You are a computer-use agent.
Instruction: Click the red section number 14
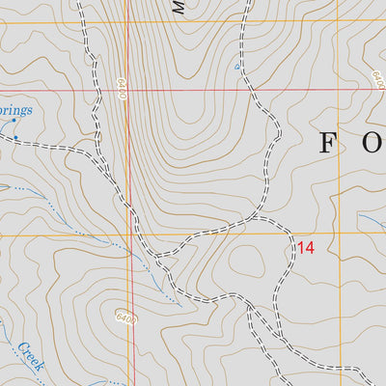coord(306,248)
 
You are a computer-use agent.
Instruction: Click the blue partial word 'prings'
coord(14,111)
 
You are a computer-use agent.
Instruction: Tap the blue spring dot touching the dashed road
coord(15,139)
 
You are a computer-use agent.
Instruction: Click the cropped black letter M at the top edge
coord(179,6)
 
